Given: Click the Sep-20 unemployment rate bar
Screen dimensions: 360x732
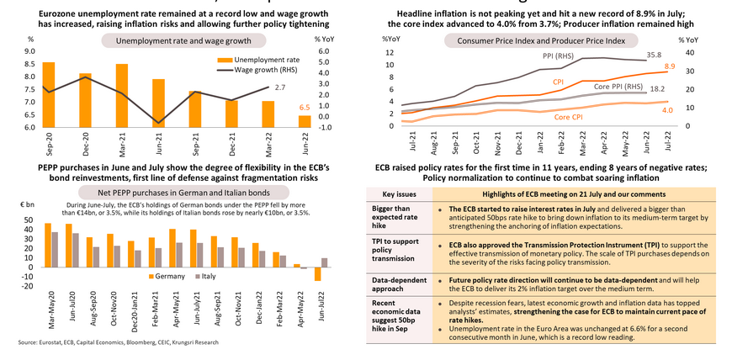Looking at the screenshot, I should pos(49,95).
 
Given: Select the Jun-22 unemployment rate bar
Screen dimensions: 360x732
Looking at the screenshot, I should pos(305,122).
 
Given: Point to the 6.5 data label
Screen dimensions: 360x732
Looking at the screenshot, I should pos(305,109).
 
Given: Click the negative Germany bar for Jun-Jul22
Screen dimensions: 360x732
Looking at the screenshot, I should pos(318,273).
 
